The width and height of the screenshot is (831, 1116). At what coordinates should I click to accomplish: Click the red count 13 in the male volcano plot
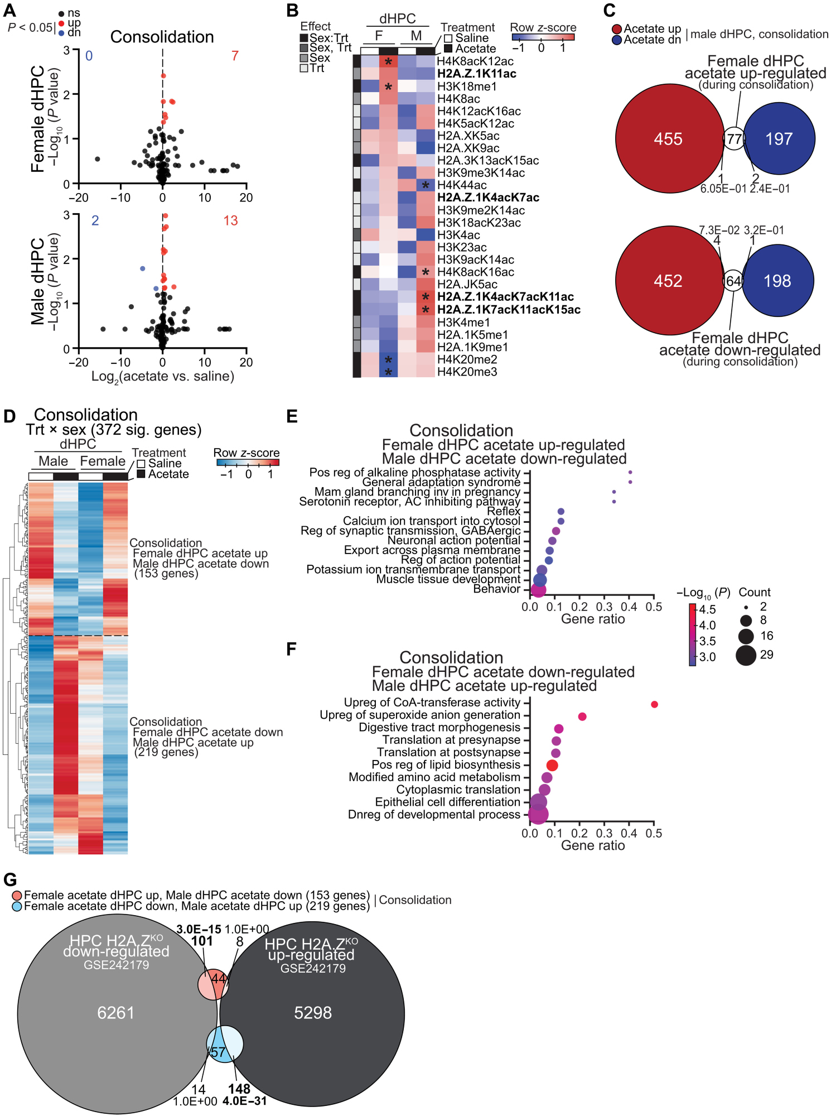tap(230, 221)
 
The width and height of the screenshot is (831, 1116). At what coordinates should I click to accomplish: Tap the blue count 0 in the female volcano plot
tap(89, 56)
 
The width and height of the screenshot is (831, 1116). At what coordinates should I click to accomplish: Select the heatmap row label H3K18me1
tap(467, 86)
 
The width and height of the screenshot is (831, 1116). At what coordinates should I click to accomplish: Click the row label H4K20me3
tap(467, 372)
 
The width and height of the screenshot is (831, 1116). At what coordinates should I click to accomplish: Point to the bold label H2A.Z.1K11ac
tap(476, 74)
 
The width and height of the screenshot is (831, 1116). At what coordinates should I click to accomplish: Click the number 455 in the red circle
tap(668, 139)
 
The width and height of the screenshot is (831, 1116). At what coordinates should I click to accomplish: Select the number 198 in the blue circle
tap(777, 281)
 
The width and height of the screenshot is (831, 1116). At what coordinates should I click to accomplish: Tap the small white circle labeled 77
tap(734, 139)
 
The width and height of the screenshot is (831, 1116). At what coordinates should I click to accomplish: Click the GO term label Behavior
tap(496, 589)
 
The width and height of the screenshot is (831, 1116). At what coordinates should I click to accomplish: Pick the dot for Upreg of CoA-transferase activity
tap(654, 704)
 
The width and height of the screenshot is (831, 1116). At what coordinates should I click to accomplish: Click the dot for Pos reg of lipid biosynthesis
tap(552, 765)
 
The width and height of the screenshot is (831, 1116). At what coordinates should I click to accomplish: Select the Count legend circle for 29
tap(746, 655)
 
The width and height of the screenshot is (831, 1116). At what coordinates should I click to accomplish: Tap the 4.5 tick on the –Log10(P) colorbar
tap(707, 609)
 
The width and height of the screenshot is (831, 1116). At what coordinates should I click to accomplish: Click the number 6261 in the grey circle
tap(116, 1013)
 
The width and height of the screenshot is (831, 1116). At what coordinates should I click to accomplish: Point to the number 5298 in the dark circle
tap(313, 1013)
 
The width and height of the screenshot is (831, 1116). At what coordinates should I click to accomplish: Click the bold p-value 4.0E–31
tap(244, 1101)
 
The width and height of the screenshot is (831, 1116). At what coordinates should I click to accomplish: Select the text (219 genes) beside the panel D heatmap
tap(166, 752)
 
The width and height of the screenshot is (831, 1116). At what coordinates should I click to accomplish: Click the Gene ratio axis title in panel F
tap(592, 845)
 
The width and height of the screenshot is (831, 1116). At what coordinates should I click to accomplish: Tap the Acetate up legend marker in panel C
tap(617, 29)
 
